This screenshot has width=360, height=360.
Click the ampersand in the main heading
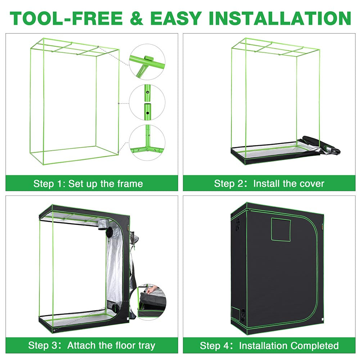click(136, 18)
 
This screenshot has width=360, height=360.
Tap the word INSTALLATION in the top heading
click(280, 18)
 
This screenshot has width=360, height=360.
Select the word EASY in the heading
click(176, 18)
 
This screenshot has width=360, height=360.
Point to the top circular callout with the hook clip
click(147, 62)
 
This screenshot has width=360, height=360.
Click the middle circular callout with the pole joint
click(147, 102)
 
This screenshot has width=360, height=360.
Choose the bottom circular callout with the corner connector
click(147, 143)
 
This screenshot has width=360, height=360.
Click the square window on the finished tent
click(281, 229)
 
